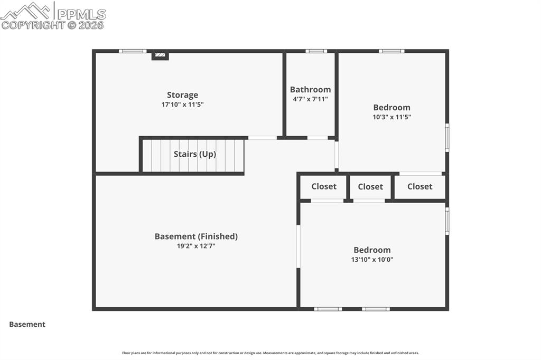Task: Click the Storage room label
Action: [x=182, y=95]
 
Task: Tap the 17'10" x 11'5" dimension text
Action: [x=182, y=105]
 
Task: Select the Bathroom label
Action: [x=310, y=90]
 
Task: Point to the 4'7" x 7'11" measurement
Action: [x=310, y=99]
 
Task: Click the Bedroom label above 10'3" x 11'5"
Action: [x=391, y=108]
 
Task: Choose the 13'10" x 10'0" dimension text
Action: [x=372, y=260]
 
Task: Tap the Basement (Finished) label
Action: [x=196, y=236]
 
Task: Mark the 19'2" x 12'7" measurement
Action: [x=196, y=246]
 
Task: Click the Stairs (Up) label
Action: [x=195, y=154]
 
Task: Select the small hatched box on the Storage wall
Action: [x=160, y=55]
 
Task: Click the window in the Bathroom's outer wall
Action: [x=316, y=51]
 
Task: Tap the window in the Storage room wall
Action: [x=133, y=51]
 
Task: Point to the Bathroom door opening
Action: [x=318, y=138]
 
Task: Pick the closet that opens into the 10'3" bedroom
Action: [x=420, y=186]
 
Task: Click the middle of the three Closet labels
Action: [x=370, y=186]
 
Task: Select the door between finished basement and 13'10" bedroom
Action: [x=298, y=247]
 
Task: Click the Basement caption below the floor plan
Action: [x=27, y=325]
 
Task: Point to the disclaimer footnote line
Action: [x=270, y=353]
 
